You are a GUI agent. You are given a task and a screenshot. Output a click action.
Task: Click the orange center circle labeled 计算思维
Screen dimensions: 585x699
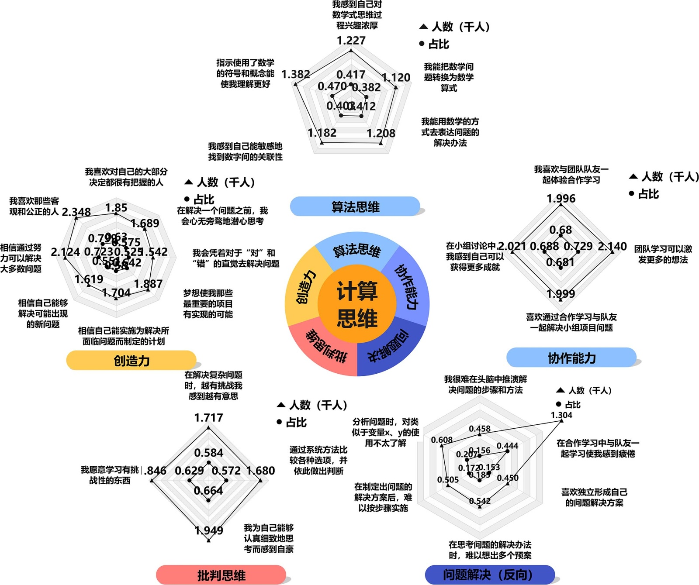(x=357, y=304)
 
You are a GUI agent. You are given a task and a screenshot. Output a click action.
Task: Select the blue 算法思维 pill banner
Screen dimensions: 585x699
(x=355, y=206)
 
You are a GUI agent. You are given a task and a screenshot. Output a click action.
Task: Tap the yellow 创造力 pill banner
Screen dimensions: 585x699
(x=131, y=361)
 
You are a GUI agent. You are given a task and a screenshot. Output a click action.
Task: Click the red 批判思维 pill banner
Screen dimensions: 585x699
(x=221, y=575)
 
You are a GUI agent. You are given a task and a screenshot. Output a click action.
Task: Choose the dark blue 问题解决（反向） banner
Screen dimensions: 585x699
(x=490, y=575)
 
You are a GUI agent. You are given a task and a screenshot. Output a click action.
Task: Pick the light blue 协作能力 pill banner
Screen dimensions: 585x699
(x=571, y=358)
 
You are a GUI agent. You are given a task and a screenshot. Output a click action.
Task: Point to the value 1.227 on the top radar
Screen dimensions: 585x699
(x=351, y=40)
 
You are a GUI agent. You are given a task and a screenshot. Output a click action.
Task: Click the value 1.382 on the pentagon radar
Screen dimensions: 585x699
(x=296, y=74)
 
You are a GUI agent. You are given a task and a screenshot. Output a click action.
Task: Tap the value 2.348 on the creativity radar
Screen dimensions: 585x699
(x=76, y=212)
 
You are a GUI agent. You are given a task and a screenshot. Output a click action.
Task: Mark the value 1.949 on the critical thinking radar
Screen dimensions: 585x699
(x=209, y=530)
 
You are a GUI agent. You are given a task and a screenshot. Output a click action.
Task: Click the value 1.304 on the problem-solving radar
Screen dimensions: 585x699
(x=561, y=415)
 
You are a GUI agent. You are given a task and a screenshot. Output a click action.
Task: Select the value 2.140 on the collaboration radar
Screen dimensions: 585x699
(x=612, y=247)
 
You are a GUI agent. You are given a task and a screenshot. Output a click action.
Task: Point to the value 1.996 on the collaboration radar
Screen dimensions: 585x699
(x=561, y=199)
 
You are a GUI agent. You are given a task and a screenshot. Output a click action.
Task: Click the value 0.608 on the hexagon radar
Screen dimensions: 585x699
(x=442, y=440)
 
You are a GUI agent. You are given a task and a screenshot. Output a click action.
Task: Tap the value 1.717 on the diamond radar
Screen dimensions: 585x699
(x=209, y=418)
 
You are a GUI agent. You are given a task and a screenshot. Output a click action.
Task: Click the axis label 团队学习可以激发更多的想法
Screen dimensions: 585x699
(x=663, y=254)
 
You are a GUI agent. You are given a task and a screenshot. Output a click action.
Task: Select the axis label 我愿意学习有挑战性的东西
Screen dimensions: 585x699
(x=110, y=475)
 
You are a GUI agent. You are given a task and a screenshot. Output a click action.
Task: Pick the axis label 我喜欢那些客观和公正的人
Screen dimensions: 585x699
(x=34, y=206)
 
